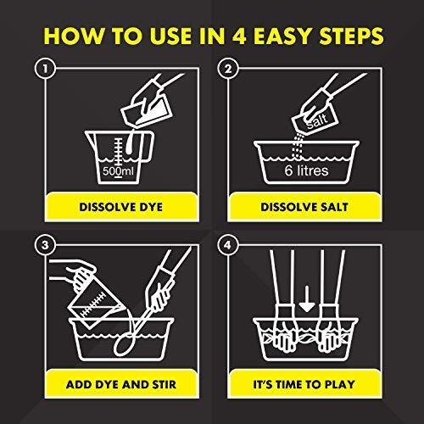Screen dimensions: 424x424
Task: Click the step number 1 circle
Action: pyautogui.click(x=45, y=69)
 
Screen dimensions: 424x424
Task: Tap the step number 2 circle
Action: pyautogui.click(x=228, y=69)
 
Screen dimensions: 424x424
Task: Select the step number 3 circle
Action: pyautogui.click(x=45, y=245)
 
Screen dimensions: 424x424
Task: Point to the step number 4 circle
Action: pyautogui.click(x=228, y=245)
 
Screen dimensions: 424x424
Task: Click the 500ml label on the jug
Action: pyautogui.click(x=118, y=171)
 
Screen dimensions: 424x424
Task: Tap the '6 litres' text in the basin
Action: pyautogui.click(x=306, y=170)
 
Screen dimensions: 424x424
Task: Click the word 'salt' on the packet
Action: pyautogui.click(x=317, y=120)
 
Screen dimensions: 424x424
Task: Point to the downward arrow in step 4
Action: pyautogui.click(x=307, y=299)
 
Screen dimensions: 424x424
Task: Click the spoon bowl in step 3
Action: pyautogui.click(x=122, y=345)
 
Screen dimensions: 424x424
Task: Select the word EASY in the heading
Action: pyautogui.click(x=282, y=36)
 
